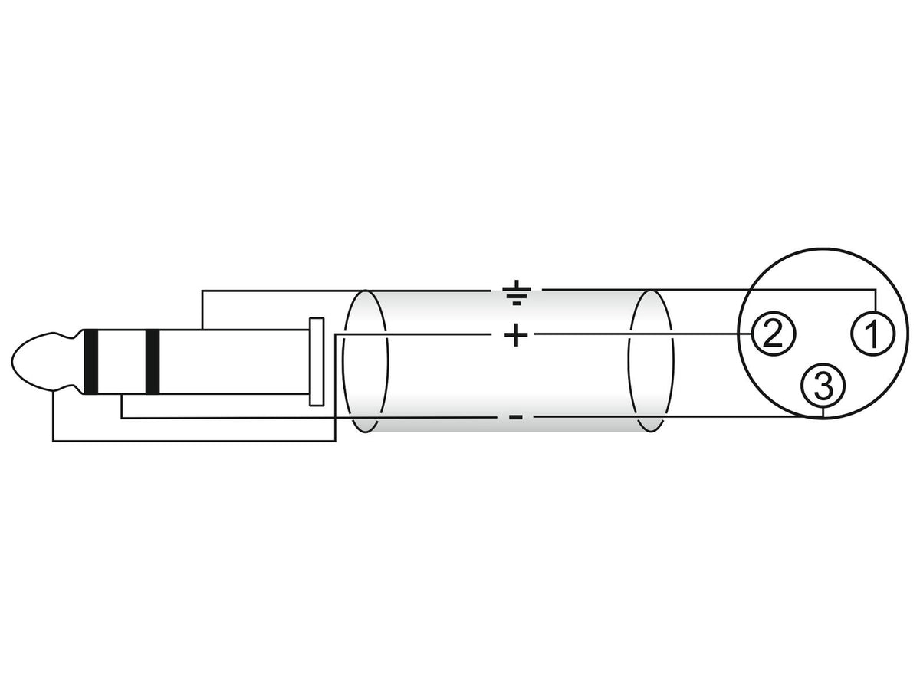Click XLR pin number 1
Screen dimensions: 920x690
(872, 333)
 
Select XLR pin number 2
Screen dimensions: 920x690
(773, 333)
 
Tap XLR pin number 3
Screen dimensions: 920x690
(823, 385)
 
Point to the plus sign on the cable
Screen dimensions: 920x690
(515, 334)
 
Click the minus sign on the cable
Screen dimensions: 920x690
(515, 417)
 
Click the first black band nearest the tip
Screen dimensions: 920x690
(90, 362)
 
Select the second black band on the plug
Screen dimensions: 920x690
(152, 362)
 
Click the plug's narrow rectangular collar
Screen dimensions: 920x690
(317, 362)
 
